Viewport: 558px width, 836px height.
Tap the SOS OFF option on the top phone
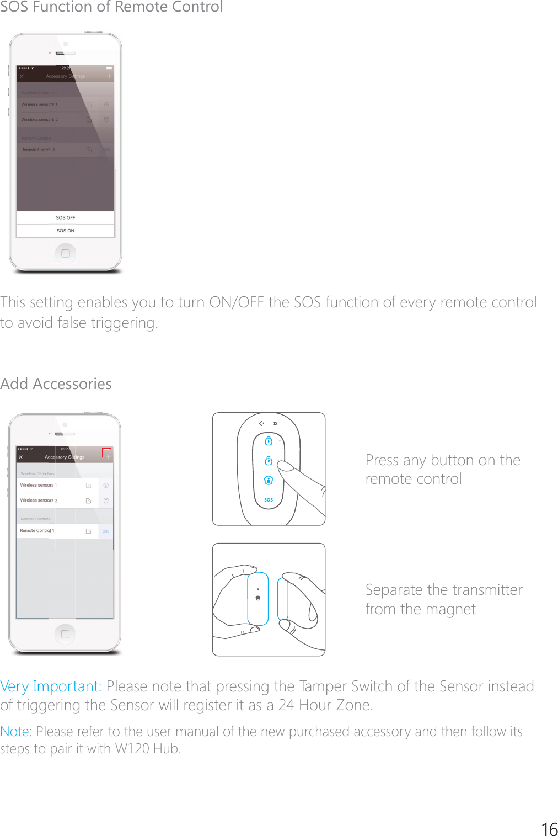click(x=65, y=218)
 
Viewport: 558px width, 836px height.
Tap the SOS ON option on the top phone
click(x=65, y=231)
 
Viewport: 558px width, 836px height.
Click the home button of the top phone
click(x=66, y=253)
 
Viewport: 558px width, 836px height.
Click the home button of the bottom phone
click(x=65, y=634)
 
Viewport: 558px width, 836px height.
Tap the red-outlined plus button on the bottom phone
click(x=106, y=453)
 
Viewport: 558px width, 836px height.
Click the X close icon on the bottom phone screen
click(x=21, y=457)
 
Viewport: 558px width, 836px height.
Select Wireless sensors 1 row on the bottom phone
click(x=39, y=485)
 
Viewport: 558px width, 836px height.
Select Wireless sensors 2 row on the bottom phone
click(x=39, y=500)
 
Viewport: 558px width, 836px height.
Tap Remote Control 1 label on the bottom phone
click(x=37, y=530)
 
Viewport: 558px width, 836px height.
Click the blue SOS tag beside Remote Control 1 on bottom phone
click(x=106, y=531)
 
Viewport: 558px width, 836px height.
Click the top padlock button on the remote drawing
click(x=269, y=441)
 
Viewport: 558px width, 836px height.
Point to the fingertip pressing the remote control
click(x=283, y=465)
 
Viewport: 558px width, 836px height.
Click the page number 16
click(x=549, y=829)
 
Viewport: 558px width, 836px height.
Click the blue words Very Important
click(x=51, y=686)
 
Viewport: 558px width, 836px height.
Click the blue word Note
click(x=15, y=732)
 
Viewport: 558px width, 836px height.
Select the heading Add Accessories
click(x=56, y=384)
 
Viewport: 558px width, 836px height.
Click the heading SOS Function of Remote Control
click(x=111, y=7)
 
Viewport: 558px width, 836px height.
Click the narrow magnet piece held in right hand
click(x=283, y=599)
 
